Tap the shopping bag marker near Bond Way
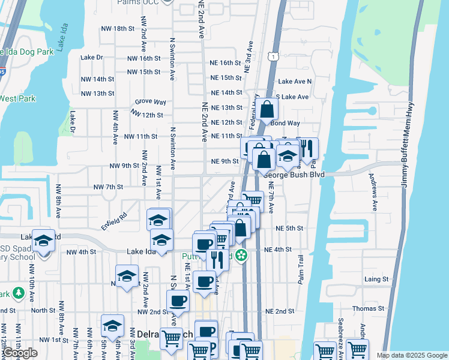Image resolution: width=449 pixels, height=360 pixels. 268,109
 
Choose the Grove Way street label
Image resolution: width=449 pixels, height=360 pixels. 151,103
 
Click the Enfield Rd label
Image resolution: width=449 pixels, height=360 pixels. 114,214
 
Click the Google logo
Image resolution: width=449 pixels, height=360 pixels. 20,353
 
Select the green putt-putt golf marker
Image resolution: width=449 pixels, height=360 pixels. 241,255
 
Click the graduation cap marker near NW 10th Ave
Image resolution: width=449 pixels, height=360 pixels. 43,240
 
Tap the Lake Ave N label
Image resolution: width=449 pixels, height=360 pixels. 295,81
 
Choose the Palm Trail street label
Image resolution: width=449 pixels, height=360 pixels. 301,268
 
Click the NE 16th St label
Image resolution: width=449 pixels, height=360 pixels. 226,63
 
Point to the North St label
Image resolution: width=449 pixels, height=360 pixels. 43,310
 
